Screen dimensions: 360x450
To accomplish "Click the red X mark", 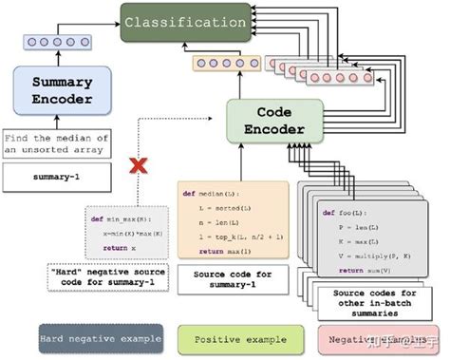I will (138, 169).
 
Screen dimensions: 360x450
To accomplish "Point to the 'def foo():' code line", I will (344, 212).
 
